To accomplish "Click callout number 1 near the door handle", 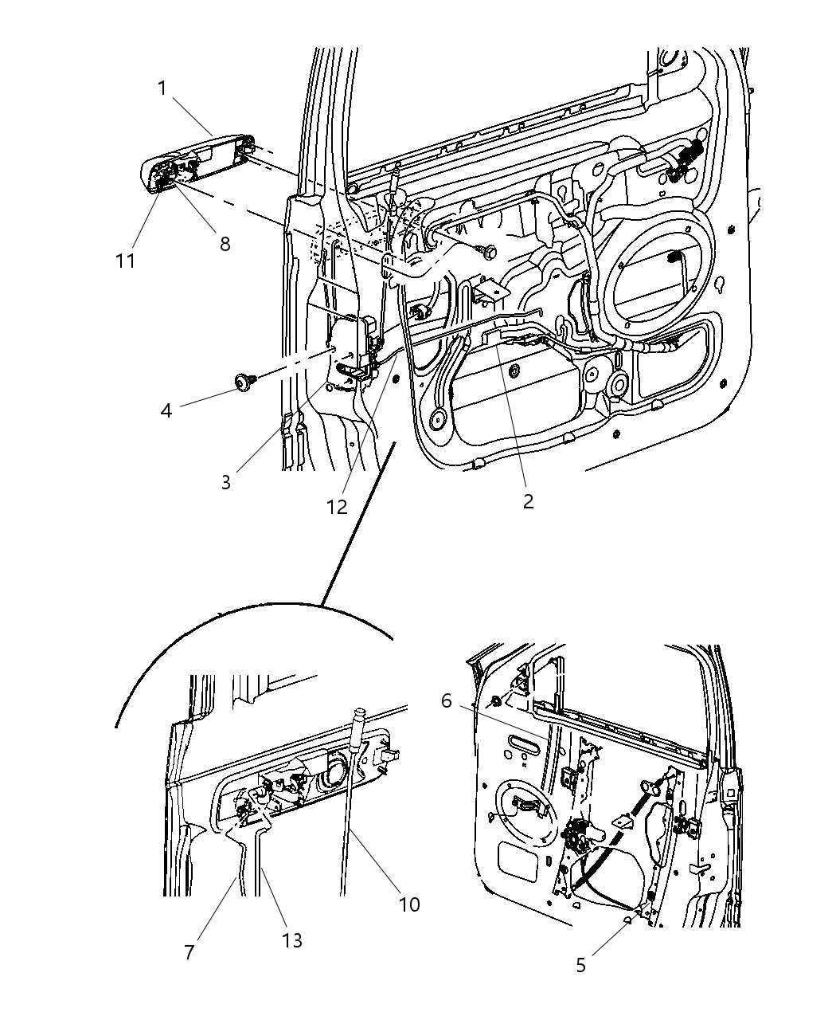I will [162, 88].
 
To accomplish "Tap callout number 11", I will [125, 261].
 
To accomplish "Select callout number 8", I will [225, 244].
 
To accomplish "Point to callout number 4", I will [166, 411].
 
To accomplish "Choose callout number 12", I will [337, 506].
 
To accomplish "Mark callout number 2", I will [528, 501].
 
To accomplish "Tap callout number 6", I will [446, 700].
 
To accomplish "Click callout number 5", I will [580, 965].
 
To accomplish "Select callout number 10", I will [409, 904].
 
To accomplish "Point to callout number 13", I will [292, 940].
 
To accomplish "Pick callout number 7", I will [189, 952].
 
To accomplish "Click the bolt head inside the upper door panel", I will [488, 250].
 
